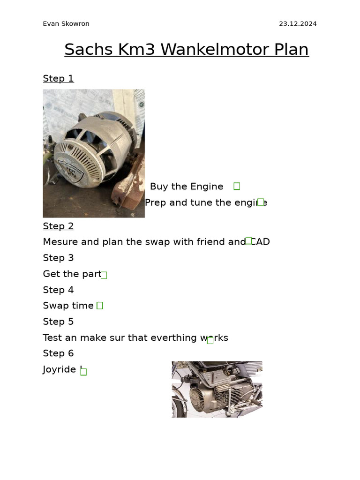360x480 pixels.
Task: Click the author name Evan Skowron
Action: point(66,24)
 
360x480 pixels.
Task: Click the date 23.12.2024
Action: point(298,24)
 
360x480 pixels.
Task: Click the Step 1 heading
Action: point(58,78)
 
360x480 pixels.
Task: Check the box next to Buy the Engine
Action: point(237,186)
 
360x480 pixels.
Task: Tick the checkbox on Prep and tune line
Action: point(261,202)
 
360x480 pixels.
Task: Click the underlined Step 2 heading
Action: point(58,226)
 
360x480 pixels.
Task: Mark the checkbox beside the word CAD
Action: point(249,241)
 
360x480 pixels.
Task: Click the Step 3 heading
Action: point(58,258)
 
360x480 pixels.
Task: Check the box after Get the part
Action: point(104,275)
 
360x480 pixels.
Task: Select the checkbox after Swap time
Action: point(100,306)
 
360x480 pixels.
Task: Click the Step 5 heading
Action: point(58,322)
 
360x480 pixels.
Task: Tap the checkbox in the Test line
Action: point(210,340)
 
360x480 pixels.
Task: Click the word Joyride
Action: point(59,369)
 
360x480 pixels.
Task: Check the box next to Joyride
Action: point(83,372)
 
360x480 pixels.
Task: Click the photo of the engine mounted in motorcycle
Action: point(217,389)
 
